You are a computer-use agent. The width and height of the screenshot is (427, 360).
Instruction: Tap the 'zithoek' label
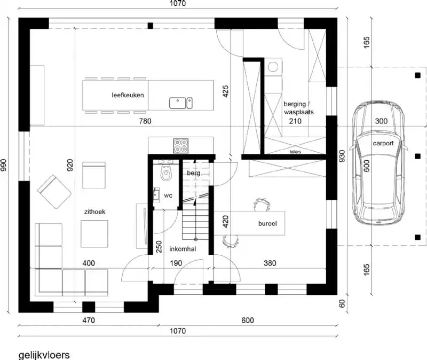click(x=94, y=212)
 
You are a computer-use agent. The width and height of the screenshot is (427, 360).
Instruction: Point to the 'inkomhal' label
click(x=183, y=249)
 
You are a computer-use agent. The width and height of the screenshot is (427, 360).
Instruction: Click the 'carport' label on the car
click(x=383, y=144)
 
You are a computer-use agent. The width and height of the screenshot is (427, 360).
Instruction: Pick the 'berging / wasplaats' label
click(x=298, y=109)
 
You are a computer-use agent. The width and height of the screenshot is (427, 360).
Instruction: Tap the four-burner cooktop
click(x=180, y=145)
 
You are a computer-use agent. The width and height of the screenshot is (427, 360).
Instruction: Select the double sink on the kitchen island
click(x=181, y=102)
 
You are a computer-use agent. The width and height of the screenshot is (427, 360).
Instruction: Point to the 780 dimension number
click(x=145, y=121)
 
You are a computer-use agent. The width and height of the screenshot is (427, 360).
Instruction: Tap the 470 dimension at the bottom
click(x=88, y=320)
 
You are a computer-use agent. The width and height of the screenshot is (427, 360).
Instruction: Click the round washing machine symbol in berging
click(x=273, y=67)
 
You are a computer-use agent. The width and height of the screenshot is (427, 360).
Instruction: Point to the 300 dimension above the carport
click(x=381, y=121)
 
